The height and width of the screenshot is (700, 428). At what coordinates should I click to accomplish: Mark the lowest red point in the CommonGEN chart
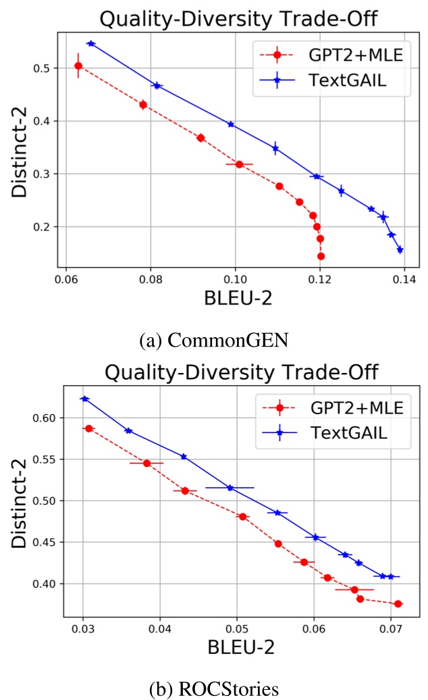click(x=321, y=256)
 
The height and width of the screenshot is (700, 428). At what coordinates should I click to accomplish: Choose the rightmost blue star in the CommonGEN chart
click(x=400, y=249)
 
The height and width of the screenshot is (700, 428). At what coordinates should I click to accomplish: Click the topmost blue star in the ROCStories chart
click(x=84, y=399)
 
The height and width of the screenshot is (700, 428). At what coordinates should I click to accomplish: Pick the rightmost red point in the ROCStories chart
click(x=398, y=603)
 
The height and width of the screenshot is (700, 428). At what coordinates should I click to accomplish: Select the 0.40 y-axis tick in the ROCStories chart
click(x=45, y=583)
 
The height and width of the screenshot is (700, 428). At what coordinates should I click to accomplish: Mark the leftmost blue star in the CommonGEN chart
click(x=91, y=43)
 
